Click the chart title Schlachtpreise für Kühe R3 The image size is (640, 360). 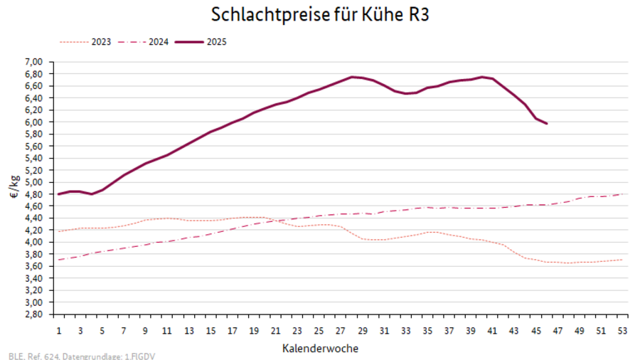(x=319, y=15)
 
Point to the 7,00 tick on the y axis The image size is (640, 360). (x=35, y=62)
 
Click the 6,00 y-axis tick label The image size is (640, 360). (x=35, y=122)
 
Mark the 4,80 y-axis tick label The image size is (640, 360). (x=35, y=194)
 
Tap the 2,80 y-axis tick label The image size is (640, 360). (x=35, y=314)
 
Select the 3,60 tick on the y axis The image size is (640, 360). (x=35, y=266)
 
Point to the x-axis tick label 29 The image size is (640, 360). (x=363, y=331)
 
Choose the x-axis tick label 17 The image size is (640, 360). (x=233, y=331)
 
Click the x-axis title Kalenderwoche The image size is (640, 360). (x=320, y=349)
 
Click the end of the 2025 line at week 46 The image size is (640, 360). (x=547, y=124)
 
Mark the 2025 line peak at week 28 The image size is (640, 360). (x=351, y=77)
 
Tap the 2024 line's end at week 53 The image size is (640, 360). (x=624, y=194)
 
